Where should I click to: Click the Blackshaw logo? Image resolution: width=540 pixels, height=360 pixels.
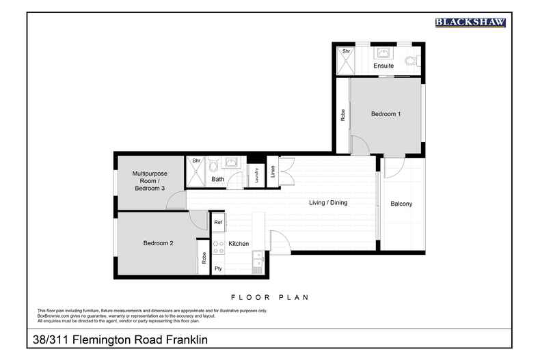470,23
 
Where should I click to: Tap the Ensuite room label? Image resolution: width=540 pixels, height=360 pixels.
383,66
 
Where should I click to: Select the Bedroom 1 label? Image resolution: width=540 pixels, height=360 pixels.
386,114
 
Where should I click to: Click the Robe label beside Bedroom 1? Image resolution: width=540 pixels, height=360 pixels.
342,115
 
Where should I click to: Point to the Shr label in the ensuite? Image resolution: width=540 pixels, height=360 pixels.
346,51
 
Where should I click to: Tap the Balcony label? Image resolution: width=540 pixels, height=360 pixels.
401,204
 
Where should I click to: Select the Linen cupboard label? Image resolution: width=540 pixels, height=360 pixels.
273,172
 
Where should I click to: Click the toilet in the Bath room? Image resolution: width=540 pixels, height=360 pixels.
214,166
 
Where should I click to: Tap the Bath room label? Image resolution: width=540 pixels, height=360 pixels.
218,180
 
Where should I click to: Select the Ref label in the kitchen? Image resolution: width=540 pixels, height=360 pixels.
218,222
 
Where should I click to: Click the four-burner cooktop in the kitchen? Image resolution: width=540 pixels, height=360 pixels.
218,247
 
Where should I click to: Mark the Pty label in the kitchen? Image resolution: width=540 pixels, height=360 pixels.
218,268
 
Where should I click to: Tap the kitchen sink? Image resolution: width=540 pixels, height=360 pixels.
257,260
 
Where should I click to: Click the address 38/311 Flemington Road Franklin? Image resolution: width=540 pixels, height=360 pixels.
120,339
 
